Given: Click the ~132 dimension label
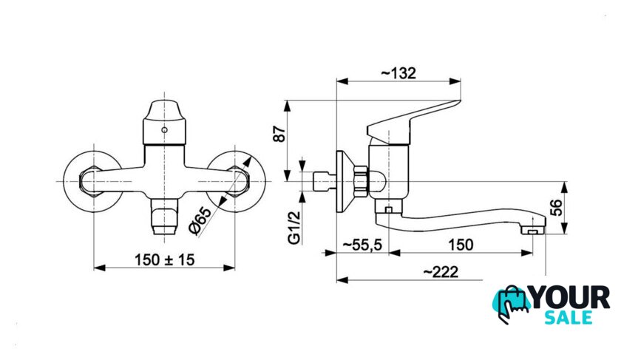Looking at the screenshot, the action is [398, 73].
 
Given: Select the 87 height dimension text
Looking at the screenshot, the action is [279, 134].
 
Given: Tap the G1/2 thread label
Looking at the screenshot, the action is [295, 228].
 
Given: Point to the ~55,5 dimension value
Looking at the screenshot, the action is [362, 245].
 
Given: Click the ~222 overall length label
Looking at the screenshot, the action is [441, 272].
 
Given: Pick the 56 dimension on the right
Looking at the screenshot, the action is [556, 208].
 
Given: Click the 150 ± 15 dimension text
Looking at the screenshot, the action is [165, 259].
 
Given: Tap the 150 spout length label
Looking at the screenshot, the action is [461, 245].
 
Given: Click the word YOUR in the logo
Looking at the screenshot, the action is [570, 298].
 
